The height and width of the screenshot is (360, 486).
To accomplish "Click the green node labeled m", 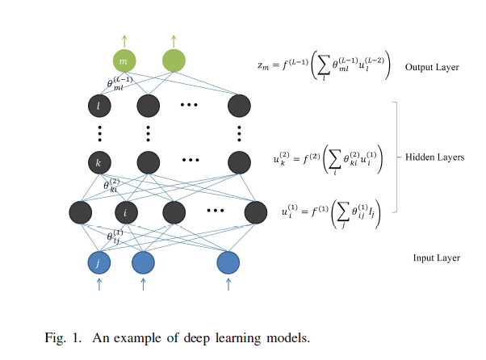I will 124,61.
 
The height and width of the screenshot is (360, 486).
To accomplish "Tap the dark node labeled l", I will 98,105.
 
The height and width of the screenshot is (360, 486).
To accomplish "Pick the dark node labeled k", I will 98,162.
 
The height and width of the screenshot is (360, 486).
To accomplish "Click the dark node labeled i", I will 125,212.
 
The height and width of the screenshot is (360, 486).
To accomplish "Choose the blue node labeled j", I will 98,262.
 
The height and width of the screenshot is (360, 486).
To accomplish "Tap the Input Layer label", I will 436,258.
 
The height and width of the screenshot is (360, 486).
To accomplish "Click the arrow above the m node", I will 124,39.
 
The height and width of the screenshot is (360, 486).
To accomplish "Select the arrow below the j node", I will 98,284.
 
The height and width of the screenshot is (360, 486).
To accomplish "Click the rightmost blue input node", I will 228,262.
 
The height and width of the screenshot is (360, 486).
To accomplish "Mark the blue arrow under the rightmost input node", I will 228,284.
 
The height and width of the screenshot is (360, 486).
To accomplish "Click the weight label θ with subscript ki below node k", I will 113,185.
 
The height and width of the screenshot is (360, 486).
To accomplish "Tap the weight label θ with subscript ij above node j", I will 115,236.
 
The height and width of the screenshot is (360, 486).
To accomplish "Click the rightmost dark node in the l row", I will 240,105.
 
